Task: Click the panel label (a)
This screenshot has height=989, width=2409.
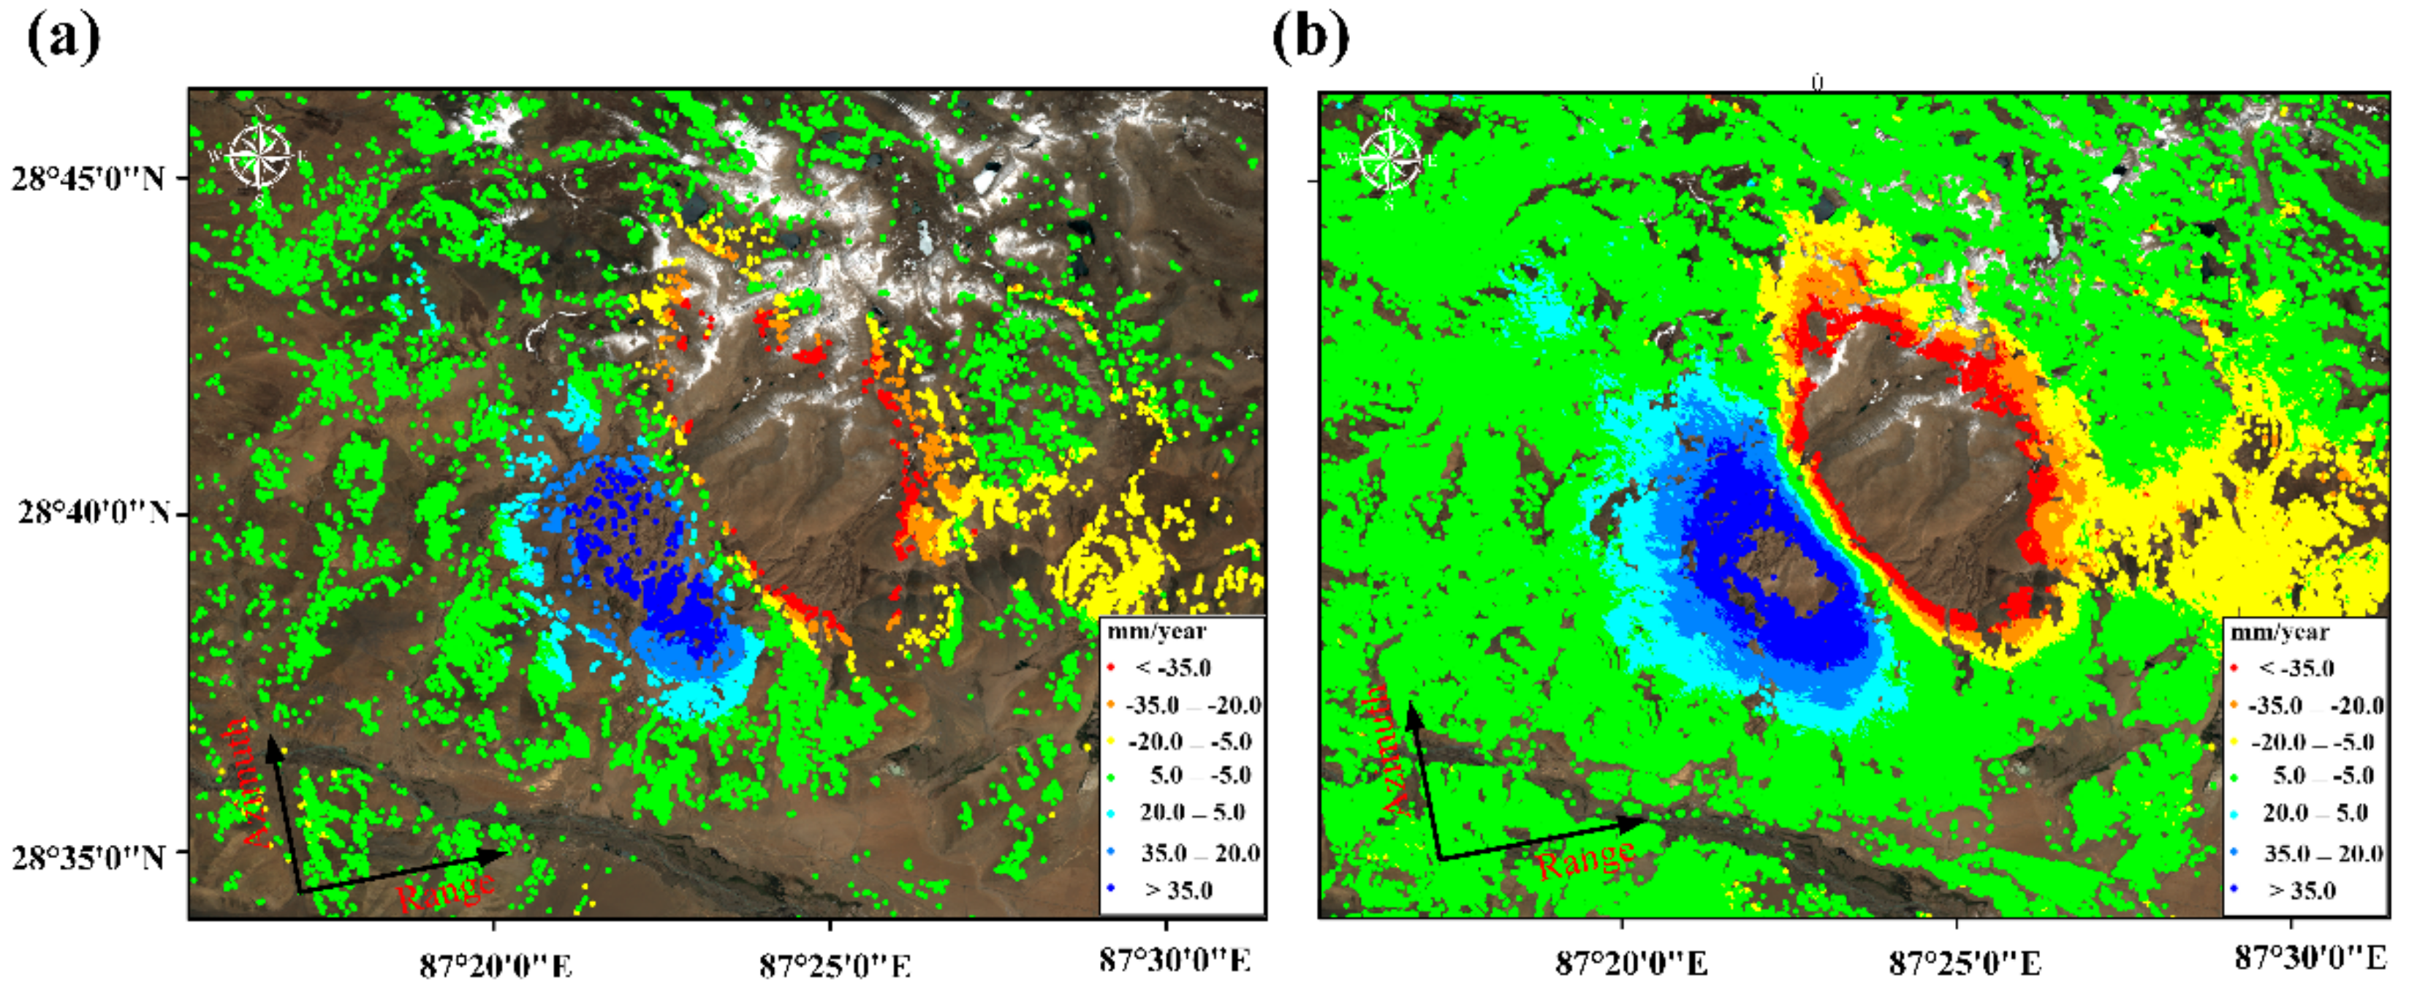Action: click(x=64, y=40)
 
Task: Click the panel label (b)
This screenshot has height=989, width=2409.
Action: click(x=1311, y=40)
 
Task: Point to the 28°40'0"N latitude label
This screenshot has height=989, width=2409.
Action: click(x=94, y=513)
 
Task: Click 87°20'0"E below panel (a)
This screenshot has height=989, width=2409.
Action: click(x=496, y=963)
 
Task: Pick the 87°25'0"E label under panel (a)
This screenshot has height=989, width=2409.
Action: click(x=834, y=963)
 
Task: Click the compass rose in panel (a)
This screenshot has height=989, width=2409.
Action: click(x=260, y=155)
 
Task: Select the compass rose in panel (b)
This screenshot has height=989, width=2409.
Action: click(x=1389, y=157)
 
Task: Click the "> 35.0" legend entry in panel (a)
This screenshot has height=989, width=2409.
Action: click(x=1178, y=890)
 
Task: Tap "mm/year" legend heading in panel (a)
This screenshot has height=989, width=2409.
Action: click(x=1157, y=631)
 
